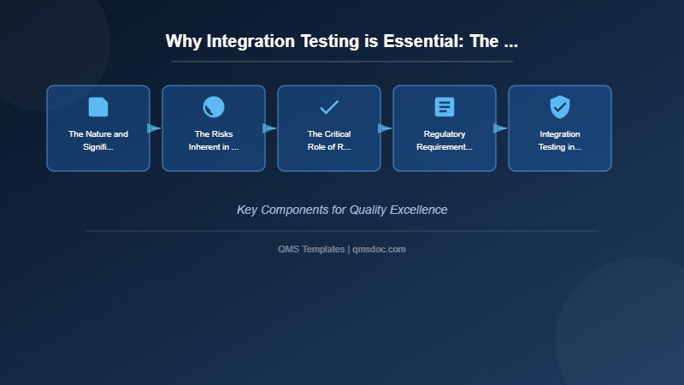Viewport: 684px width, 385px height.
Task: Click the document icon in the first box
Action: point(98,107)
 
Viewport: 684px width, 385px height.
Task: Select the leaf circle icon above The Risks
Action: point(214,107)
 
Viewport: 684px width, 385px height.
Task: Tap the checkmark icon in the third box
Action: point(329,107)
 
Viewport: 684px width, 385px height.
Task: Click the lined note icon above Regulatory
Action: point(445,107)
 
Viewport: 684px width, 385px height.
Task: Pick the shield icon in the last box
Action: point(560,107)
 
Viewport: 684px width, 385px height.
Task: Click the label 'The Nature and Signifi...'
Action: point(98,140)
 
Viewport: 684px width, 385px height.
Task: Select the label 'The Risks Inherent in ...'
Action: point(214,140)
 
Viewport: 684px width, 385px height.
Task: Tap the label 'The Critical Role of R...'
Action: point(329,140)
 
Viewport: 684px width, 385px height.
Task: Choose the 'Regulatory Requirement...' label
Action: point(445,140)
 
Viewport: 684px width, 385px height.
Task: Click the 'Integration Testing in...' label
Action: point(560,140)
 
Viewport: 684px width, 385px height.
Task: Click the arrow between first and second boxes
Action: point(154,128)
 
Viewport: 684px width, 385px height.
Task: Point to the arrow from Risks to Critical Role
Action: point(269,128)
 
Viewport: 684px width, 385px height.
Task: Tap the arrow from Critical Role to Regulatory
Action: point(385,128)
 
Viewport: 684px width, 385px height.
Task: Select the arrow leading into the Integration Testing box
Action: point(500,128)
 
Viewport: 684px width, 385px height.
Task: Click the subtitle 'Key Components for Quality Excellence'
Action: point(342,210)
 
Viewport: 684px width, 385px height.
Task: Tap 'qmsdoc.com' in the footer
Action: point(379,249)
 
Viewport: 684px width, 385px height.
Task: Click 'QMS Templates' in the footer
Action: point(311,249)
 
